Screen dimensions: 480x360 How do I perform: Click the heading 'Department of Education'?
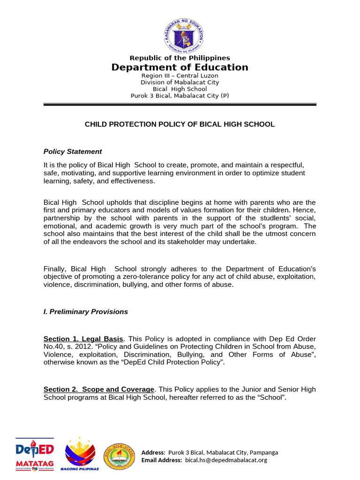click(x=180, y=67)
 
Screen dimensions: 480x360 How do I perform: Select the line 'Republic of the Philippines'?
click(x=180, y=58)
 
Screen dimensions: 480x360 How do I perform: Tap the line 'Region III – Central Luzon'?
click(x=180, y=75)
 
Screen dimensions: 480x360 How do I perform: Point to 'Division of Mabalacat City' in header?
click(x=180, y=82)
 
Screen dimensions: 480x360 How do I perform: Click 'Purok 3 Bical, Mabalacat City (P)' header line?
click(x=180, y=96)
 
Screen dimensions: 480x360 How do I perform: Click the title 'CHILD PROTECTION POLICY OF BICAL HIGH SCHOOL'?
click(x=180, y=124)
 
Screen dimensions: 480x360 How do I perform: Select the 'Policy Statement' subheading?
click(x=73, y=151)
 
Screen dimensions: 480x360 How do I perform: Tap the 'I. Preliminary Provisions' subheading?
click(x=86, y=312)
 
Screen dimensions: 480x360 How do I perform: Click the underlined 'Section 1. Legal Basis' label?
click(x=83, y=339)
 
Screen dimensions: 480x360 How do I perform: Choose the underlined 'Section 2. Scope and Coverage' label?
click(x=99, y=390)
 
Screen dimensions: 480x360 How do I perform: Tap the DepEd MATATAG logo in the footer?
click(x=35, y=454)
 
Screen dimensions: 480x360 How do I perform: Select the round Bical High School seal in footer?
click(x=121, y=456)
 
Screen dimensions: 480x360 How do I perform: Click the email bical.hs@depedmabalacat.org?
click(x=226, y=460)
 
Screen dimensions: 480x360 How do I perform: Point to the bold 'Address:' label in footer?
click(x=153, y=452)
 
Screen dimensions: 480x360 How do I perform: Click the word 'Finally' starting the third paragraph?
click(x=55, y=269)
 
